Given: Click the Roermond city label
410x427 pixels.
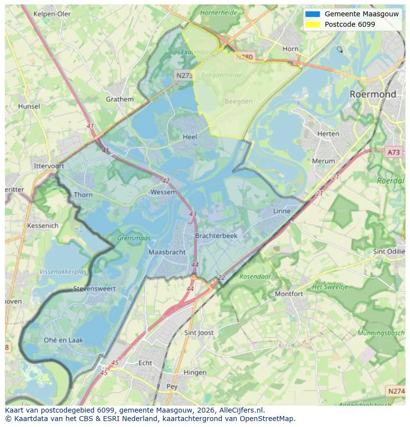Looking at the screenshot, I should click(372, 94).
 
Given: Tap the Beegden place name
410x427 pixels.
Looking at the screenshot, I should click(238, 101).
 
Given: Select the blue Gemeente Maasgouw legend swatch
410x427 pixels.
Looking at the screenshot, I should click(312, 14).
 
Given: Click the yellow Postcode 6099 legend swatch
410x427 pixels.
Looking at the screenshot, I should click(312, 24).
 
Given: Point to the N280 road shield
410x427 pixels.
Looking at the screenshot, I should click(244, 57).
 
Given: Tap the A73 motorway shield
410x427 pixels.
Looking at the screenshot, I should click(393, 152).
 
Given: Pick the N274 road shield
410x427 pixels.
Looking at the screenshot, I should click(396, 391).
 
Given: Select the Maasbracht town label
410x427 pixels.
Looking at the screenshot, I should click(167, 252).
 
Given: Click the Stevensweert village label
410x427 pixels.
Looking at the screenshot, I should click(94, 289).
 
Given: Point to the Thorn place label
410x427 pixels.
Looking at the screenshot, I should click(83, 195).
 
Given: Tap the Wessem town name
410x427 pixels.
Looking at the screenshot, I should click(163, 192).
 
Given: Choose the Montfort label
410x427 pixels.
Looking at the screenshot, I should click(289, 294).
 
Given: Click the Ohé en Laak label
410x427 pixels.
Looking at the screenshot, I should click(63, 340).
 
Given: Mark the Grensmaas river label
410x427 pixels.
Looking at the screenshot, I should click(134, 238).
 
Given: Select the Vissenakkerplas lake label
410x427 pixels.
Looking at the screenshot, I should click(63, 272).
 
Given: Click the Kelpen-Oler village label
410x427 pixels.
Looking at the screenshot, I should click(52, 14).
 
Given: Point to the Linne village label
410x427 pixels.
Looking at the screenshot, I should click(282, 211).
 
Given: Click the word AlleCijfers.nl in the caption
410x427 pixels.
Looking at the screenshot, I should click(241, 410).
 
